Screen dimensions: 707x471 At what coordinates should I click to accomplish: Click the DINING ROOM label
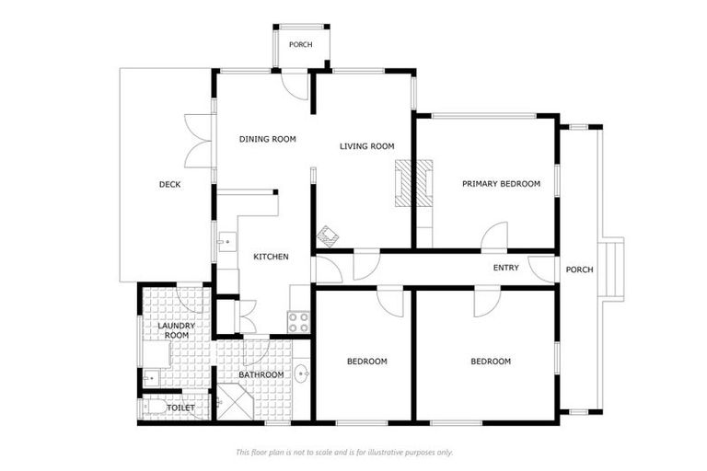coord(267,139)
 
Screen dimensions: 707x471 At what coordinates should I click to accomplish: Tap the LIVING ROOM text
coord(366,146)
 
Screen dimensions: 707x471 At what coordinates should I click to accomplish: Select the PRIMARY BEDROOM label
coord(501,184)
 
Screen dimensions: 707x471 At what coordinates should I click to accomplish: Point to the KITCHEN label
coord(271,257)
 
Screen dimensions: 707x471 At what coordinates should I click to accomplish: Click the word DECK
coord(169,184)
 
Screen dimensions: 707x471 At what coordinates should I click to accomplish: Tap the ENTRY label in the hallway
coord(506,268)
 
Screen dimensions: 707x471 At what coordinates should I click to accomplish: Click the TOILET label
coord(180,408)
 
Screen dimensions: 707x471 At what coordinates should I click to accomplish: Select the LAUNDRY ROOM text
coord(177,330)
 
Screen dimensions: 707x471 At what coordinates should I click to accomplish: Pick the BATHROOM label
coord(261,375)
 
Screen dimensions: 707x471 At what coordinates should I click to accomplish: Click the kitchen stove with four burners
coord(298,322)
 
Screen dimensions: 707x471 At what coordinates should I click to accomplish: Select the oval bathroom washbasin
coord(302,373)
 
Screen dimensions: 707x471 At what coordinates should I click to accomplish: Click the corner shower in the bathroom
coord(236,402)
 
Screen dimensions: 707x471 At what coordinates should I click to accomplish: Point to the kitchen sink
coord(226,242)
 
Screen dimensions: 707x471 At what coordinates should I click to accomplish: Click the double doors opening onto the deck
coord(198,141)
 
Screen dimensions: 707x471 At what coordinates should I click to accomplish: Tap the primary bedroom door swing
coord(494,235)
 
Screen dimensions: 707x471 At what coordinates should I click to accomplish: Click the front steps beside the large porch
coord(611,270)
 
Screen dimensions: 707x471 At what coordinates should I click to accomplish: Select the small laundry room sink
coord(151,378)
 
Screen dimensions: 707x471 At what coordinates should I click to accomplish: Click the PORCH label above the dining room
coord(300,45)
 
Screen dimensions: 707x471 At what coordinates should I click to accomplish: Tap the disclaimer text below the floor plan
coord(344,452)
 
